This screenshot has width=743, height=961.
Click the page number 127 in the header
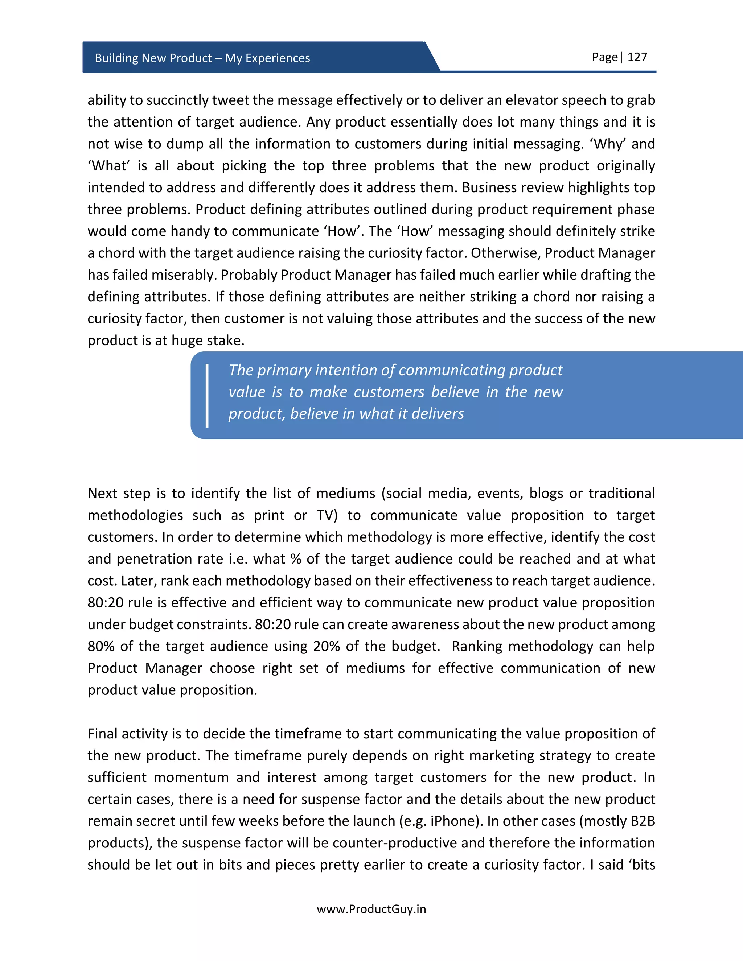(x=637, y=57)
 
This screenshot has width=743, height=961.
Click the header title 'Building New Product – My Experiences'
(x=202, y=58)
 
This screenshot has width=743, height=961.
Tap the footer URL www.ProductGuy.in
(x=371, y=909)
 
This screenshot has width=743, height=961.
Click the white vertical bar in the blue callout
(x=207, y=395)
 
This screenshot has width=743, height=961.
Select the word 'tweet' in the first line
(x=231, y=100)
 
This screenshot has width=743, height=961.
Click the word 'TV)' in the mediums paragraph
(x=327, y=515)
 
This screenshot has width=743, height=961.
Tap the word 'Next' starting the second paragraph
(x=102, y=493)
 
